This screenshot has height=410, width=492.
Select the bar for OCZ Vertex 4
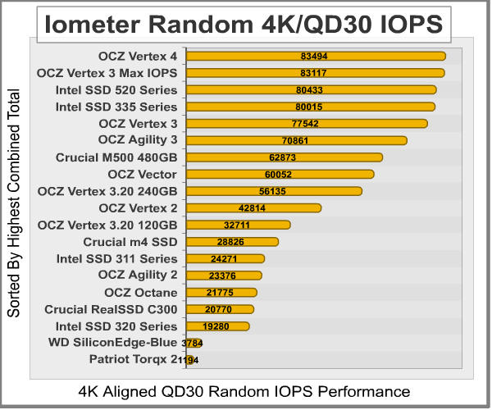coord(316,56)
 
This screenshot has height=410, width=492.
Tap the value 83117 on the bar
coord(316,73)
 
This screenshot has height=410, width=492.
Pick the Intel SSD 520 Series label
coord(116,89)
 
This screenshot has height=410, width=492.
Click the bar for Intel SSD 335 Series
coord(311,107)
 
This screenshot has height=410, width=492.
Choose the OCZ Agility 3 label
coord(137,140)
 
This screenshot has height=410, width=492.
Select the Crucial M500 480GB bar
coord(285,157)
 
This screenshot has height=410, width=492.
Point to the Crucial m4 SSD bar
coord(233,242)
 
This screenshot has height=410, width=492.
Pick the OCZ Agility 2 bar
coord(224,276)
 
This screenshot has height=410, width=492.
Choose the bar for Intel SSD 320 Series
coord(218,326)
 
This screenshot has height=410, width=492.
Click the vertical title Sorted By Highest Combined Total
coord(14,209)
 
